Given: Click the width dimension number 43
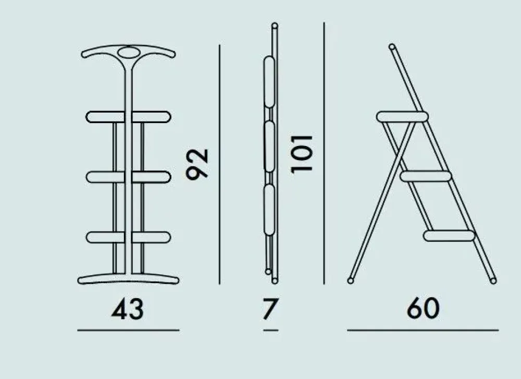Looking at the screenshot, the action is coord(128,309).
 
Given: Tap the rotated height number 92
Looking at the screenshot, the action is coord(197,164).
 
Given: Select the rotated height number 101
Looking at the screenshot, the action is coord(302,154).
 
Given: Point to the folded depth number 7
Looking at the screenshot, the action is coord(269,309).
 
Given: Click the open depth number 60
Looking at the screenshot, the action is coord(423,308).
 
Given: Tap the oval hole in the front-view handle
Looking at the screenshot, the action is coord(129,53).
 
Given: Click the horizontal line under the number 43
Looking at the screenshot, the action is coord(128,330).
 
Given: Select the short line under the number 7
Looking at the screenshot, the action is coord(270,330).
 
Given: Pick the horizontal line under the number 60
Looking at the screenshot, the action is coord(423,330).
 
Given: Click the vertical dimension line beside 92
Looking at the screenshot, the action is coord(219,165).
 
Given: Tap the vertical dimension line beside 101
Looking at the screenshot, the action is coord(324,153).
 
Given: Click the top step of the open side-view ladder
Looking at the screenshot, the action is coord(402,117).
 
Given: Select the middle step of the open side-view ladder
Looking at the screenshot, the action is coord(426,176).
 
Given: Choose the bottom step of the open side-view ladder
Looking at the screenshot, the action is coord(449,236).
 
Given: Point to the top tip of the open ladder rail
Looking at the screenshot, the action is coord(392,46).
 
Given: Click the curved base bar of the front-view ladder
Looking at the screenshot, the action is coord(128,279).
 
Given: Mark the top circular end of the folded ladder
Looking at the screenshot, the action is coord(275,26).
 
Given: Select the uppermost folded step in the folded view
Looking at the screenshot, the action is coord(269,82).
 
